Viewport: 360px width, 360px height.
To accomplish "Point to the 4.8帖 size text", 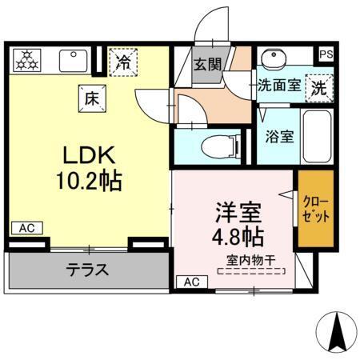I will (238, 237).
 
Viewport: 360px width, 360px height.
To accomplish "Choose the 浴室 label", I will (279, 135).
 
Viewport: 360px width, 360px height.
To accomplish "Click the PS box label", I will (326, 54).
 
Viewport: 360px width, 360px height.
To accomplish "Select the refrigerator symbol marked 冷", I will (123, 62).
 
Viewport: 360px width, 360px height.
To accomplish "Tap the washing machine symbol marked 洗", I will (319, 86).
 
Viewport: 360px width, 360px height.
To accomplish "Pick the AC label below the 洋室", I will (190, 282).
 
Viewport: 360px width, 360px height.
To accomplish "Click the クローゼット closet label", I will (316, 206).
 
